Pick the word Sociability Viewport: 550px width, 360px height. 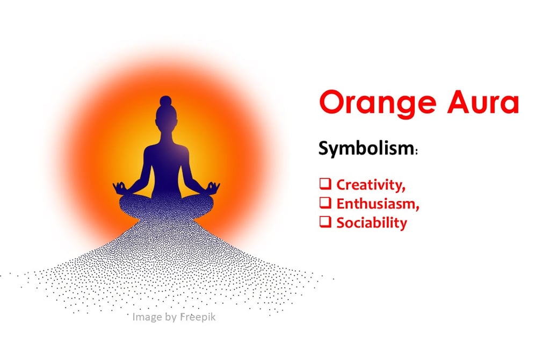click(371, 222)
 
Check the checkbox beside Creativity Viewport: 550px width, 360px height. click(325, 184)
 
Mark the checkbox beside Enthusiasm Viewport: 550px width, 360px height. click(325, 203)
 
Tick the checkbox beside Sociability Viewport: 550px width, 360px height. click(325, 222)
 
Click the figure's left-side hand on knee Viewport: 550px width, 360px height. click(119, 187)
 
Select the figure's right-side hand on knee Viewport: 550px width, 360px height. click(214, 187)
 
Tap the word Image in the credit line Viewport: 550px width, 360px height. click(146, 318)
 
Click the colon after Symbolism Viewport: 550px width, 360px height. click(416, 152)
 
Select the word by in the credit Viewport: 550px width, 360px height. click(170, 318)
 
